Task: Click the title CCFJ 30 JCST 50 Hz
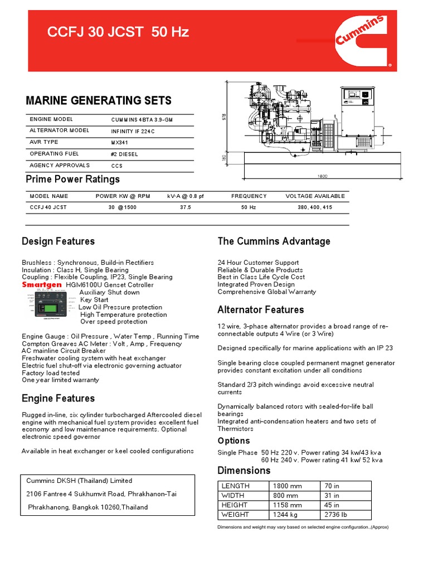coord(118,32)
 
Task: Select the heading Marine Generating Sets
coord(99,101)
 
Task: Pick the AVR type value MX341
coord(120,143)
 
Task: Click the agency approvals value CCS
coord(117,166)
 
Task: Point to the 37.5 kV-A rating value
coord(186,207)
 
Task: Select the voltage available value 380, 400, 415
coord(315,207)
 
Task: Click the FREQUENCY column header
coord(249,196)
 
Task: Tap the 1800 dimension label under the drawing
coord(322,176)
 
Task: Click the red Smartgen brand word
coord(42,284)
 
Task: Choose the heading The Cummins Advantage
coord(274,241)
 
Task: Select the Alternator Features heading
coord(260,310)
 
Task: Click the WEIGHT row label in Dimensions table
coord(235,515)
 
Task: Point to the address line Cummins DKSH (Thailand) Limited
coord(79,481)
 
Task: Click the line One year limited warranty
coord(60,380)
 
